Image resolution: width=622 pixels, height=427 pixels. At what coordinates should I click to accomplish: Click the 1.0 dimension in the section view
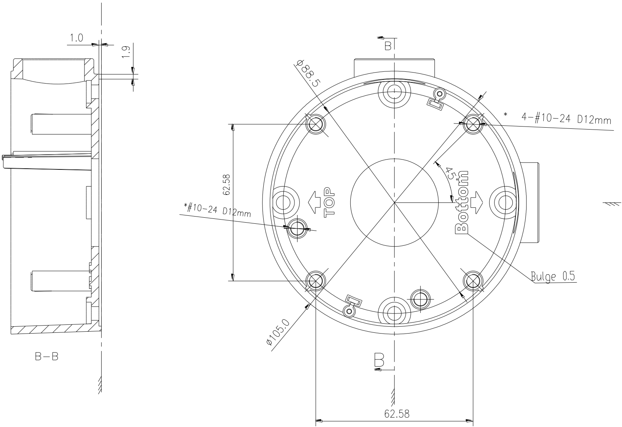coord(76,38)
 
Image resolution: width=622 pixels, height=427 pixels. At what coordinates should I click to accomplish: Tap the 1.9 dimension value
coord(126,52)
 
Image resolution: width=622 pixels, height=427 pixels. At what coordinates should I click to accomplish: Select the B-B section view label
coord(47,357)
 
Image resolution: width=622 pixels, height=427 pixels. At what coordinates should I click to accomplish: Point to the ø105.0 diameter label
coord(278,332)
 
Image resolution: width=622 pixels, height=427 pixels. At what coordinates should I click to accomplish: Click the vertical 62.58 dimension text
coord(227,185)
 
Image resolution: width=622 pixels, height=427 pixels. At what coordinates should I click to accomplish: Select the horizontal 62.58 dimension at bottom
coord(397,414)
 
